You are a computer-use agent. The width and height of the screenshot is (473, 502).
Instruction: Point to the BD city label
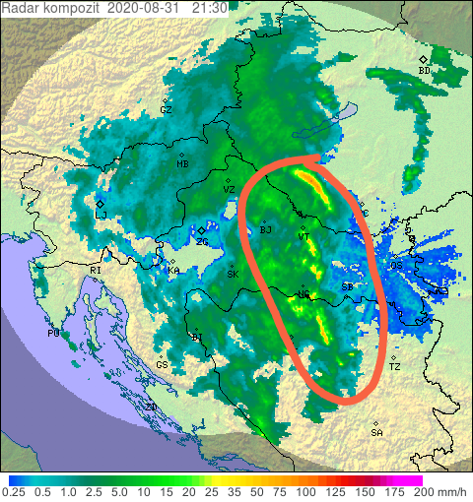pos(425,70)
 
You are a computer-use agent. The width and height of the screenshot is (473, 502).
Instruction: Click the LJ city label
pos(101,214)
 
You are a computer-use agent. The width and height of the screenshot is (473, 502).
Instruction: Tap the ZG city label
pos(202,241)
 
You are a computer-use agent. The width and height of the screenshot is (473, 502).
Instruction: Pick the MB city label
pos(182,164)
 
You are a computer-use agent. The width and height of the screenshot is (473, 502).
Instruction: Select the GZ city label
pos(166,110)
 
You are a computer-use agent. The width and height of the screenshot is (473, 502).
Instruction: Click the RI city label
pos(96,270)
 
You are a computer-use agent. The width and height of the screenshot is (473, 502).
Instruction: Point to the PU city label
pos(53,334)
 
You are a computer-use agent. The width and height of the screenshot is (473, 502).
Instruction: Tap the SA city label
pos(376,432)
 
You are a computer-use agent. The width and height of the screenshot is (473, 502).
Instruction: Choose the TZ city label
pos(395,366)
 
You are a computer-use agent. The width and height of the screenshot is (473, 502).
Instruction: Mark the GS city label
pos(161,364)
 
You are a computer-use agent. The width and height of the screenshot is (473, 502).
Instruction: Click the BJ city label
pos(265,230)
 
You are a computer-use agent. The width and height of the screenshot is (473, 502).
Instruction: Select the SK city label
pos(233,275)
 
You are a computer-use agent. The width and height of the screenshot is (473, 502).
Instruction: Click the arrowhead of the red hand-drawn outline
pos(309,158)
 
